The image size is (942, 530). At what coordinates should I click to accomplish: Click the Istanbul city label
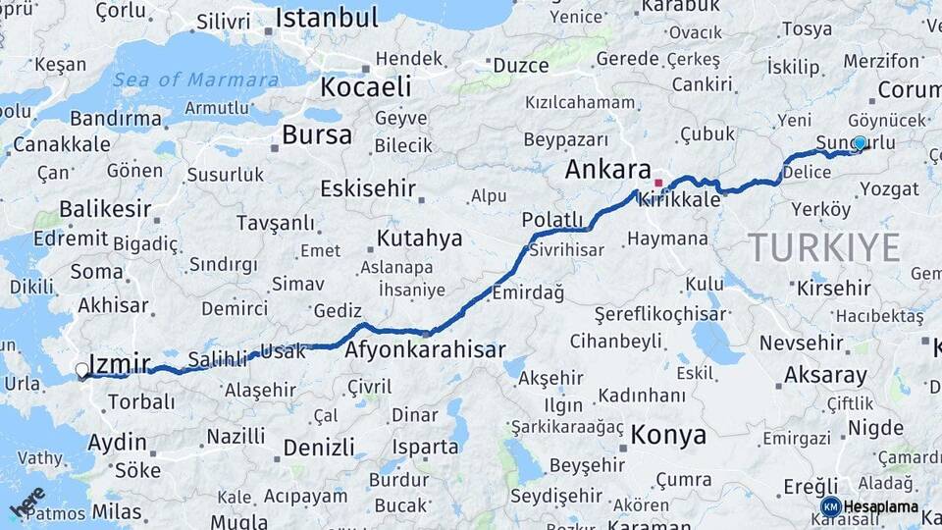click(x=326, y=18)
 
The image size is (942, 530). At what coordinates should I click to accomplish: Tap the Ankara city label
click(x=607, y=169)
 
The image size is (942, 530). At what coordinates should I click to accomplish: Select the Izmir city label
click(x=119, y=364)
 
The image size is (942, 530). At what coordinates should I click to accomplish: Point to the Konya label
click(x=668, y=435)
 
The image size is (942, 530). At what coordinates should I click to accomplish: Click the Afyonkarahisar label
click(x=425, y=349)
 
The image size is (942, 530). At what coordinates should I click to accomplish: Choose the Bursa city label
click(x=316, y=134)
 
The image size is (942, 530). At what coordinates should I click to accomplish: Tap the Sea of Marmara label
click(x=196, y=80)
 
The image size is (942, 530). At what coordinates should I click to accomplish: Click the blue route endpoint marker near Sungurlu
click(x=860, y=143)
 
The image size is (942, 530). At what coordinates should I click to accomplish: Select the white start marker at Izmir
click(x=81, y=370)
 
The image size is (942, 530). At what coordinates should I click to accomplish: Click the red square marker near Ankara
click(x=658, y=183)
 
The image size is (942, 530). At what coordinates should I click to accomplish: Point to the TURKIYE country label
click(x=823, y=247)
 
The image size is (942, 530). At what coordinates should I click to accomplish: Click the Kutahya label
click(x=419, y=238)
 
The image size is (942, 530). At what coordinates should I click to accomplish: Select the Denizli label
click(x=319, y=448)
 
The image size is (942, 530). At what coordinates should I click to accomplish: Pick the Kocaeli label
click(x=365, y=86)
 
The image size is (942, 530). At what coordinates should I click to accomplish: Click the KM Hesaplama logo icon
click(x=830, y=506)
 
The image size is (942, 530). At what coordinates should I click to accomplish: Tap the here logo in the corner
click(x=26, y=501)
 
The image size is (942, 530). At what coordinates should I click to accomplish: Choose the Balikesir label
click(x=105, y=208)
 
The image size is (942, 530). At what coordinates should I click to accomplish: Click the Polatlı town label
click(x=552, y=218)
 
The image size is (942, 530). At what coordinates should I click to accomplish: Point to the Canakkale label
click(x=60, y=144)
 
